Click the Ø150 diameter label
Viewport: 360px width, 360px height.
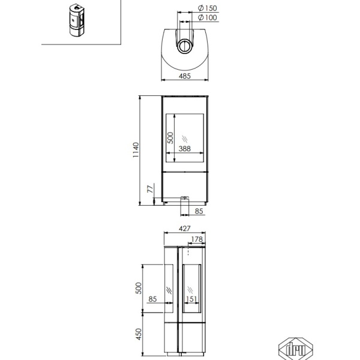[x=208, y=8]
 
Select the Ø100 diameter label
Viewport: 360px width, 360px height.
[x=208, y=17]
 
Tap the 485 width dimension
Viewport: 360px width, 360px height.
[x=185, y=76]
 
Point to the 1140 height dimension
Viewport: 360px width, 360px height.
[x=136, y=149]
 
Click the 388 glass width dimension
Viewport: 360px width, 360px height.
[x=185, y=149]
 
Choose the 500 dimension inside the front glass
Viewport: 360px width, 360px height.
[x=170, y=138]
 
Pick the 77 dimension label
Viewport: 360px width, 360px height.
[x=150, y=189]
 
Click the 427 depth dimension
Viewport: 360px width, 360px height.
[x=185, y=229]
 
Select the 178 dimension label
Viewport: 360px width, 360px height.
[x=197, y=239]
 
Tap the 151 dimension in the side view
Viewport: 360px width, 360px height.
[x=191, y=299]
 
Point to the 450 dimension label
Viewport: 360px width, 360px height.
[x=139, y=334]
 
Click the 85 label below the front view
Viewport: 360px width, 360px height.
[x=199, y=211]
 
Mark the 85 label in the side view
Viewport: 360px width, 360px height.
[x=152, y=299]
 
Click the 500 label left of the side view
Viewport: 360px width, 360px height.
[x=139, y=288]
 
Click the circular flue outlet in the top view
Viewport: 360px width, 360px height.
[x=184, y=46]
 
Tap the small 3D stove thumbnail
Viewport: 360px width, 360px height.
[x=77, y=20]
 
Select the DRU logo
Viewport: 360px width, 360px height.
[x=296, y=349]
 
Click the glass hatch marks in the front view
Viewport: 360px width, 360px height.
[x=185, y=139]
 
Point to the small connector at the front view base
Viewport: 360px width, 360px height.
[x=185, y=197]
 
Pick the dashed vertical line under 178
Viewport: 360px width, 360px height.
[x=188, y=250]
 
